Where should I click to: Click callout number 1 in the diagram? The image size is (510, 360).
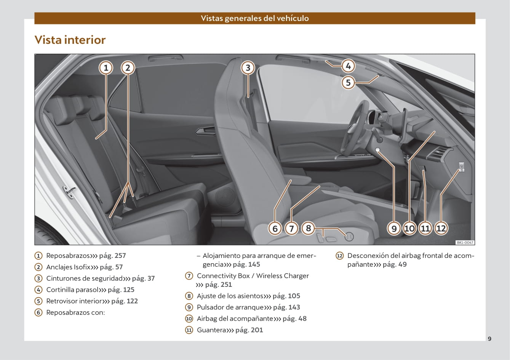[x=106, y=68]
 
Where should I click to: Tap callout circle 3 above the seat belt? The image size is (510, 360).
[x=248, y=68]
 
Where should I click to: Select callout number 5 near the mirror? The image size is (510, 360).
[x=348, y=82]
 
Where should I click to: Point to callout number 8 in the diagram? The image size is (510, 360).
[x=309, y=228]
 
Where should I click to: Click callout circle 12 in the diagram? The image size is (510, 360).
[x=441, y=228]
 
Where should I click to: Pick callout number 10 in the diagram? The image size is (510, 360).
[x=409, y=228]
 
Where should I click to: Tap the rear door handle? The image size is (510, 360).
[x=204, y=132]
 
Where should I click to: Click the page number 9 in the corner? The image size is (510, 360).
[x=489, y=339]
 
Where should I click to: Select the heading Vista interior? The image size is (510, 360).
[x=70, y=40]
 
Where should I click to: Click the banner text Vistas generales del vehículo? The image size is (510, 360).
[x=255, y=18]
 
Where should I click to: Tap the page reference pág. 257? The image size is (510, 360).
[x=112, y=256]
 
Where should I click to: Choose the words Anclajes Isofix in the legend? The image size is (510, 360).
[x=68, y=267]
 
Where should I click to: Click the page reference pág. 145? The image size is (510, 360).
[x=246, y=264]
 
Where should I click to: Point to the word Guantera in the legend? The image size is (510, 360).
[x=211, y=330]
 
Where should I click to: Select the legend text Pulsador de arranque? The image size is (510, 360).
[x=230, y=307]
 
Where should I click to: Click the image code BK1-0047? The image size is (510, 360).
[x=465, y=242]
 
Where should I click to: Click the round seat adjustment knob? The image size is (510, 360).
[x=349, y=237]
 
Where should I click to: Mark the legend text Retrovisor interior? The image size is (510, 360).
[x=74, y=301]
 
